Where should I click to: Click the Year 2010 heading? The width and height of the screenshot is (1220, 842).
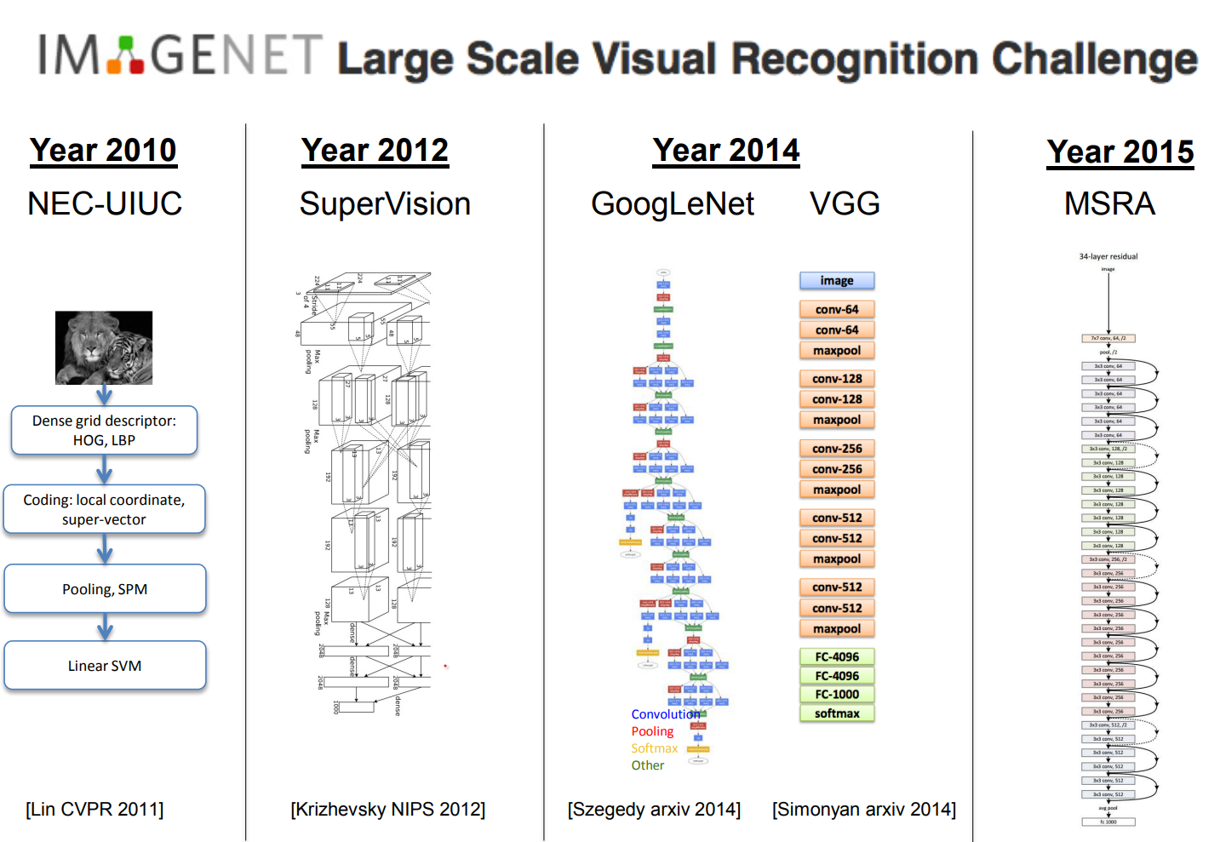103,151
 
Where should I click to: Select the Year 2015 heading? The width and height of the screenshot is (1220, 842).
1120,152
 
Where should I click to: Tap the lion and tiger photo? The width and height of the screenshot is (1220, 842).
104,347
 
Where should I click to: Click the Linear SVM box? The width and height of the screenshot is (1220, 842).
105,665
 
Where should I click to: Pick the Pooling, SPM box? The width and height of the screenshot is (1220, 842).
105,588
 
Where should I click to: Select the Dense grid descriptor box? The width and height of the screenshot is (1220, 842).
104,430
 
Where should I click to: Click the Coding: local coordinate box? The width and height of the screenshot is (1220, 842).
104,509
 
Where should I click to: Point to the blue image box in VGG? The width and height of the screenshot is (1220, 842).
837,280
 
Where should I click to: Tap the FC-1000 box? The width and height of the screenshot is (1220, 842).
837,694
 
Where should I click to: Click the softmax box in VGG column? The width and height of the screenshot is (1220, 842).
837,713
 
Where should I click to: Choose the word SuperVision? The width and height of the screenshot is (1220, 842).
385,204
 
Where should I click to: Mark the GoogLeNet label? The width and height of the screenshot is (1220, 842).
672,204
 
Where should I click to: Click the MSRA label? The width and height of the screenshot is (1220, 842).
1109,204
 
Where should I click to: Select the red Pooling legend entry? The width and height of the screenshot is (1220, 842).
652,731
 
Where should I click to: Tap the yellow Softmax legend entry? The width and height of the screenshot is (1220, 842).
654,748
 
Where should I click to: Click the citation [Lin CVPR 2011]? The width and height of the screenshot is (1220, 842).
95,809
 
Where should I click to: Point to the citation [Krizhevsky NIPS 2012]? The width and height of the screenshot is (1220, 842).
387,809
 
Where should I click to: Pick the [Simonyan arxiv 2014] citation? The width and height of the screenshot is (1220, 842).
863,809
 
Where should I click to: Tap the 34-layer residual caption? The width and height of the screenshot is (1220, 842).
1108,256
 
